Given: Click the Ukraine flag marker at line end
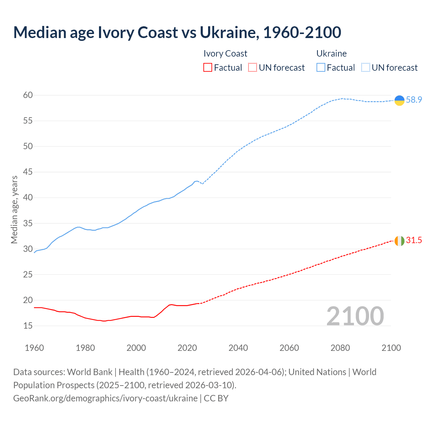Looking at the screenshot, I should pos(399,100).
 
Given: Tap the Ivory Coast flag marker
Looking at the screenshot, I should pos(399,241).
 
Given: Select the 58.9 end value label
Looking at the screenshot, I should pos(414,100).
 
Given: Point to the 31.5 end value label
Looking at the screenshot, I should pos(414,240).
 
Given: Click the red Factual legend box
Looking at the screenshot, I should pos(208,68).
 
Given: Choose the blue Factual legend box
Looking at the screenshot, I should pos(321,68).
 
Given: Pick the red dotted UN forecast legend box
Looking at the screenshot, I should pos(253,68).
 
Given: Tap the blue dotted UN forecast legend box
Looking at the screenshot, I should pos(366,68).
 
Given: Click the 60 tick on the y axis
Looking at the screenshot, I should pos(28,95).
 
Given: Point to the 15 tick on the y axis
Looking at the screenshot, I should pos(28,326).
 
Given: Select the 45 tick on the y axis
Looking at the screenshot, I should pos(28,172).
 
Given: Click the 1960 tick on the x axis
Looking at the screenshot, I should pos(34,348).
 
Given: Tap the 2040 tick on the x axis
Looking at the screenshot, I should pos(238,348).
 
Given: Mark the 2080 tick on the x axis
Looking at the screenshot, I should pos(340,348).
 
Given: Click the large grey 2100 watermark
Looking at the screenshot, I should pos(355,316).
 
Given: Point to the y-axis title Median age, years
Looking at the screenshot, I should pos(14,209).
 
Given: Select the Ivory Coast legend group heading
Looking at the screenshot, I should pos(225,54).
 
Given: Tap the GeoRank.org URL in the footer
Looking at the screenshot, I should pos(105,398).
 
